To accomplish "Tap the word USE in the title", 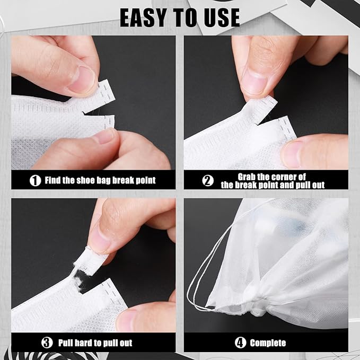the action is (222, 17).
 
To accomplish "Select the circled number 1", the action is (35, 180).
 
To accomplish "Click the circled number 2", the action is (208, 180).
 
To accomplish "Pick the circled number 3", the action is (47, 343).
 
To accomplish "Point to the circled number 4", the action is (240, 343).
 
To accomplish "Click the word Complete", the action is (268, 343).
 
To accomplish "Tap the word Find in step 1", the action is (52, 180).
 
